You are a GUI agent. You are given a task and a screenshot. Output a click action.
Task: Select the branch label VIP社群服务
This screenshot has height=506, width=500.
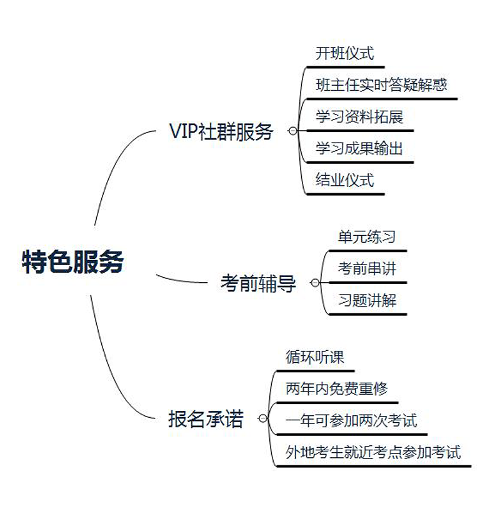coord(221,132)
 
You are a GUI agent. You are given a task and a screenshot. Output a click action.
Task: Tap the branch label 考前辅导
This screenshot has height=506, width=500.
coord(257,283)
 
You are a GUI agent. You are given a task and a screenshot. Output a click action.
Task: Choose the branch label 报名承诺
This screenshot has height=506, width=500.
coord(206,419)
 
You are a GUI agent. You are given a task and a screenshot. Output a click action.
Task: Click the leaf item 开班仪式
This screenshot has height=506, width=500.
coord(344,54)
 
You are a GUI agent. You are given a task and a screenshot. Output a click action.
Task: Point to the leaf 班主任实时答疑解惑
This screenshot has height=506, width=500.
coord(381,85)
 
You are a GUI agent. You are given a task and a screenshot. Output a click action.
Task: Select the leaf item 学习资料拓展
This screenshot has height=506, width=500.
coord(359,117)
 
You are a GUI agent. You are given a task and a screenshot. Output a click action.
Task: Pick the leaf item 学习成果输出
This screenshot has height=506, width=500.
coord(359,149)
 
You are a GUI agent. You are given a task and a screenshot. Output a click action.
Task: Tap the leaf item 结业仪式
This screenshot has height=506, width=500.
coord(344,181)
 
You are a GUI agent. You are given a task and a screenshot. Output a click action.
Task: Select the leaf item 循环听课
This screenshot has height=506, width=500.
coord(315,357)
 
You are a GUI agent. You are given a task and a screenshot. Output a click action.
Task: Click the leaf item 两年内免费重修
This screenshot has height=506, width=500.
coord(336,389)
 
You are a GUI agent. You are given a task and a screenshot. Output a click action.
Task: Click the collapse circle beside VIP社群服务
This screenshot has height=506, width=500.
coord(292,131)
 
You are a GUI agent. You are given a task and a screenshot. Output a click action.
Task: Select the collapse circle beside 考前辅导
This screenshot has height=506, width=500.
coord(314,283)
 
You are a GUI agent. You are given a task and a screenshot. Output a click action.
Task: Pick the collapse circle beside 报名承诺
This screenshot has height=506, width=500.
coord(262,419)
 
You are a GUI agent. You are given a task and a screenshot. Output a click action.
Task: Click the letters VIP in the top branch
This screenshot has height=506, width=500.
coord(183,132)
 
